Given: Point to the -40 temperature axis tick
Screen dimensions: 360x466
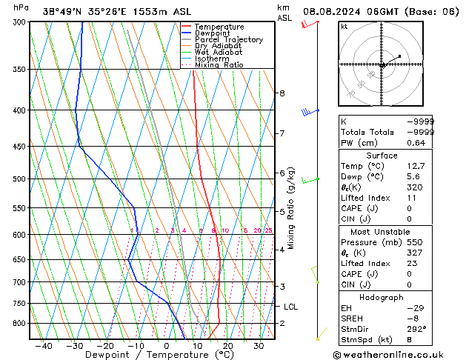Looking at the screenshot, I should click(x=44, y=345).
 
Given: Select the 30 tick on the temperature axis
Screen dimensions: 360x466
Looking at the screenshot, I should click(x=259, y=345).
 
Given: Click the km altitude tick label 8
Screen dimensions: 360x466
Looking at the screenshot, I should click(x=282, y=93).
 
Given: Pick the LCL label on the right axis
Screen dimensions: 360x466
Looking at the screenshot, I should click(x=290, y=307).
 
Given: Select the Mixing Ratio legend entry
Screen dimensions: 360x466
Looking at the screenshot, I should click(x=219, y=65).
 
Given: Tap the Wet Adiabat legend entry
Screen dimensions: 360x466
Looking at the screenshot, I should click(x=218, y=53).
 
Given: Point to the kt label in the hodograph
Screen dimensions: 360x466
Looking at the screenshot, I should click(x=344, y=26).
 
